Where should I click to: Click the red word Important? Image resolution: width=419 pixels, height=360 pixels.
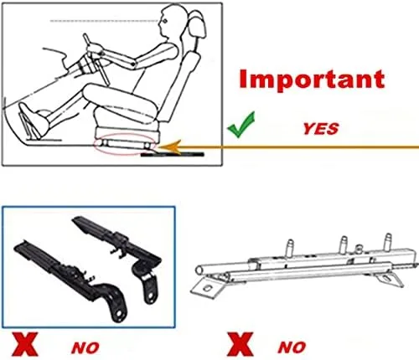312,80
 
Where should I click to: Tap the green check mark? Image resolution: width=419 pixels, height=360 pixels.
241,126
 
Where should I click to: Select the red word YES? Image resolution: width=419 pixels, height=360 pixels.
321,128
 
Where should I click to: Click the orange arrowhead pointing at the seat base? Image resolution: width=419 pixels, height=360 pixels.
169,147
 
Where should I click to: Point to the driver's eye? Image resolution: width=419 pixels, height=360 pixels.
165,21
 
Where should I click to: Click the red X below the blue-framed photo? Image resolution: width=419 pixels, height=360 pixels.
24,344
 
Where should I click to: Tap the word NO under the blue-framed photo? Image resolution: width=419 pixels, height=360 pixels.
85,347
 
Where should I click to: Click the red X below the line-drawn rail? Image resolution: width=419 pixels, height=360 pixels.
240,344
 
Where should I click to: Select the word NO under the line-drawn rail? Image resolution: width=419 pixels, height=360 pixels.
292,347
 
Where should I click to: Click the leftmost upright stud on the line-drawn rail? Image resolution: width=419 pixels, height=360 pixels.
290,248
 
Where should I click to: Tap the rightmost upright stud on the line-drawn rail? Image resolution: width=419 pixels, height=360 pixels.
388,242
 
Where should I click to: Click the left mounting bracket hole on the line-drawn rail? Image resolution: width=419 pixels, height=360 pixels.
207,288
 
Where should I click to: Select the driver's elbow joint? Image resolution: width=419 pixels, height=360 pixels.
133,64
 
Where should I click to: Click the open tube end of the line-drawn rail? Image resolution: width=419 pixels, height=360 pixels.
199,270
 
